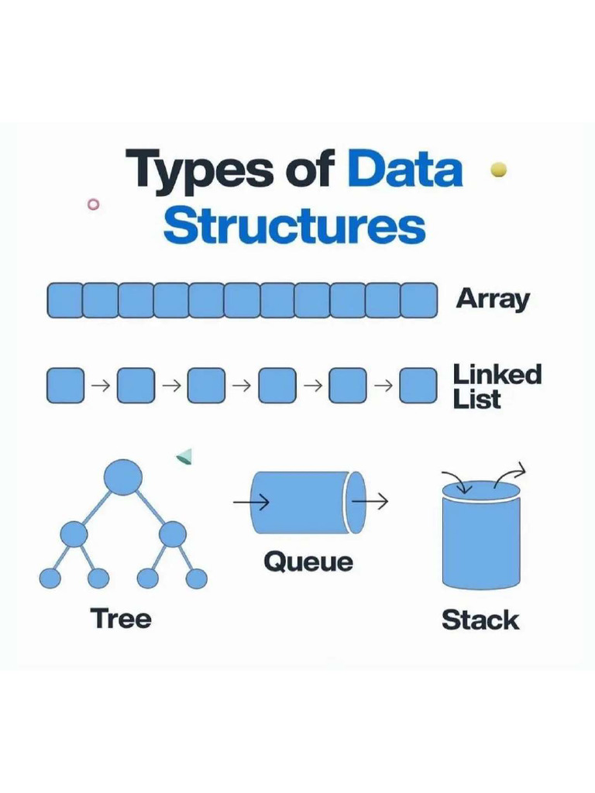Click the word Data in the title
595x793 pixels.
[404, 169]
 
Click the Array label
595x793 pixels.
[492, 300]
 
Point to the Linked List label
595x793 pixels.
[497, 386]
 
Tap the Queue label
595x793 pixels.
[308, 562]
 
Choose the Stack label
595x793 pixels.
[480, 620]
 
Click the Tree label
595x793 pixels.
[121, 619]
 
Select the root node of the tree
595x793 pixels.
[123, 477]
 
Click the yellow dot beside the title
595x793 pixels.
[499, 170]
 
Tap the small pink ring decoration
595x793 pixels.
[93, 204]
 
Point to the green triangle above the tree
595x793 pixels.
[184, 456]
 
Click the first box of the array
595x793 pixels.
[64, 300]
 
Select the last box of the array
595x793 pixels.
[419, 300]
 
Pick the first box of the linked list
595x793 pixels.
[65, 386]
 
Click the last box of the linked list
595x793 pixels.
[418, 386]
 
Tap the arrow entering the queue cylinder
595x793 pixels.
[251, 502]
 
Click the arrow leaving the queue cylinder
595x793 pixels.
[370, 501]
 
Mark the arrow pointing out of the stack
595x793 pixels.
[510, 475]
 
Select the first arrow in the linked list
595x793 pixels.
[101, 386]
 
